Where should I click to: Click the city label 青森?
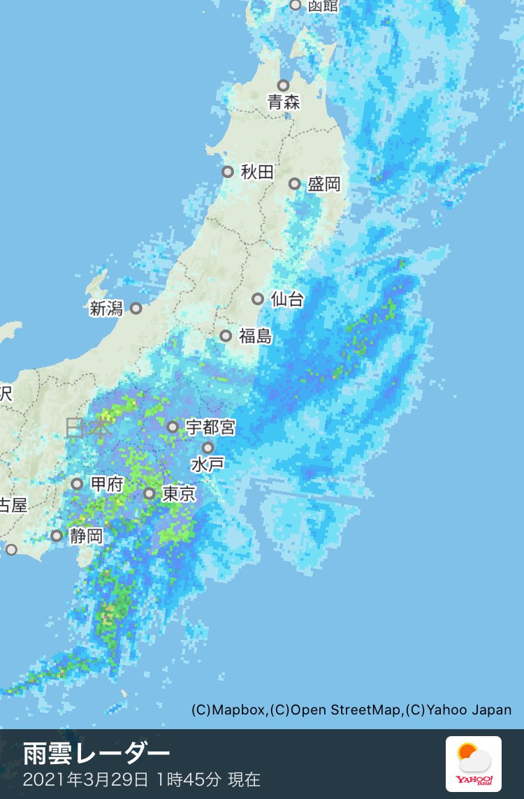(x=284, y=103)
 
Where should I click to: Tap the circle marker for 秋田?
(x=228, y=172)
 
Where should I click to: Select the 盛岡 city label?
(x=324, y=184)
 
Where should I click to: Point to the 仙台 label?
(x=287, y=300)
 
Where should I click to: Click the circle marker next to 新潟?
(x=136, y=308)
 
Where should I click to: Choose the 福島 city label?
(x=255, y=337)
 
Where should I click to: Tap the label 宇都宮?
(x=210, y=427)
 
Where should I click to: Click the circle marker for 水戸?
(x=208, y=448)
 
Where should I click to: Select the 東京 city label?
(x=179, y=494)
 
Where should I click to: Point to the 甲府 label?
(x=108, y=484)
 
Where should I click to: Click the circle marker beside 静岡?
(x=57, y=536)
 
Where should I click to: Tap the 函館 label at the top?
(x=323, y=6)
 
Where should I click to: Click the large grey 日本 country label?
(x=88, y=427)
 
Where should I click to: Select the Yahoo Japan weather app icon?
(x=473, y=763)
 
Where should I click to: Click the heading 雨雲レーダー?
(x=96, y=754)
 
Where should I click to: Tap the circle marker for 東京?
(x=150, y=494)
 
